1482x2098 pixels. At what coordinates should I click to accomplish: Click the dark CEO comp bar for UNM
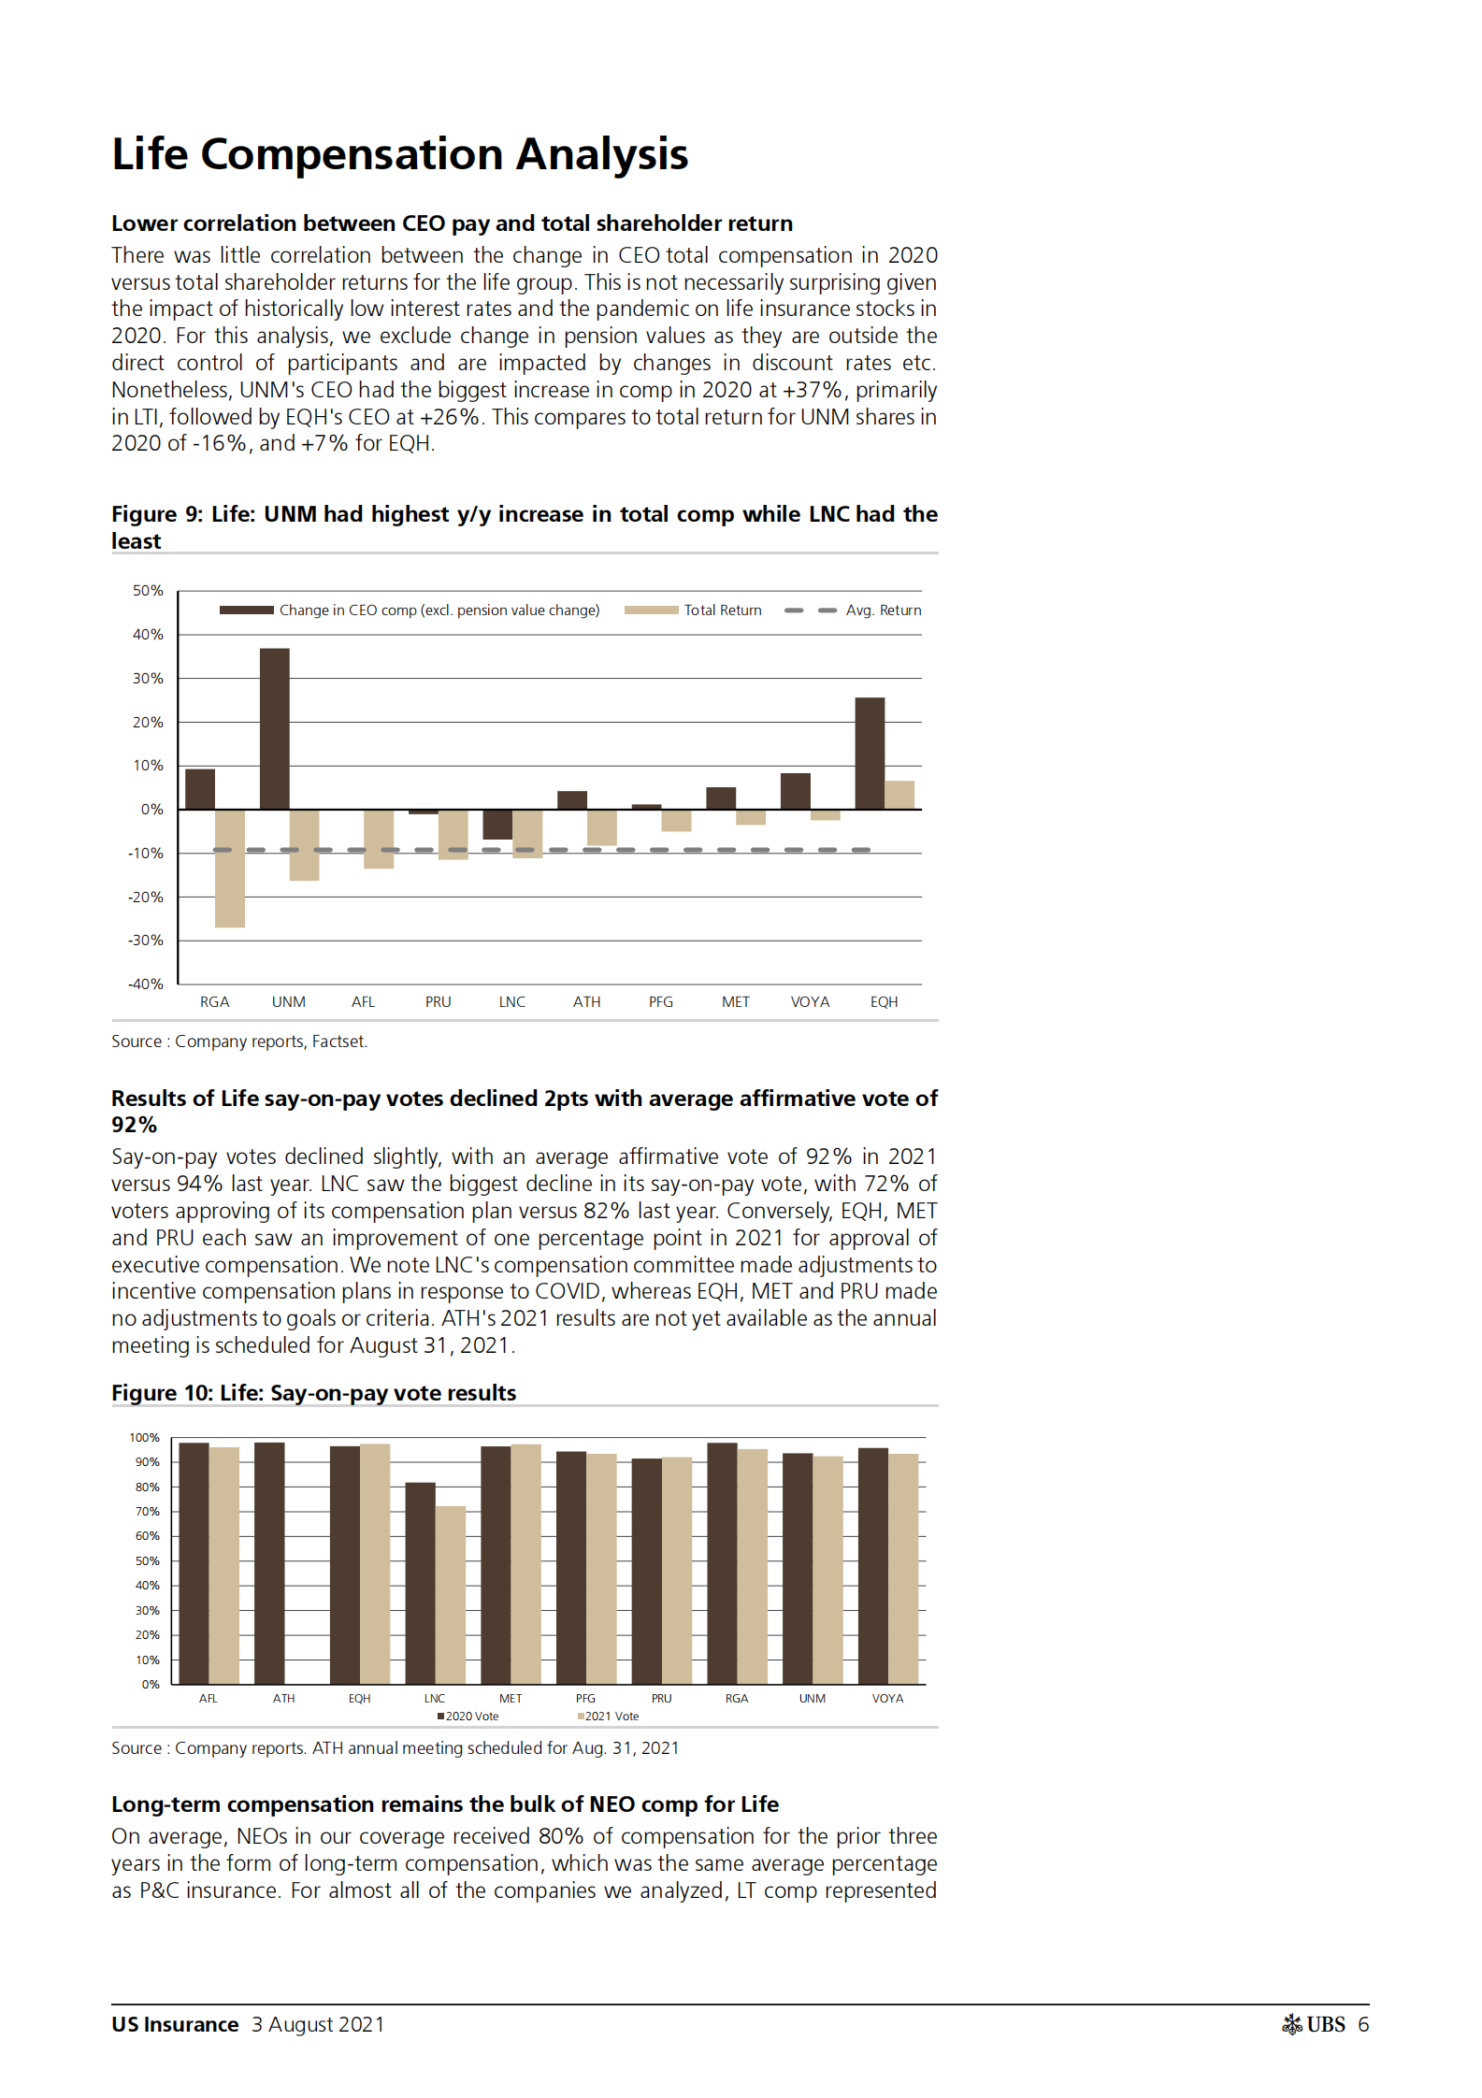(x=274, y=728)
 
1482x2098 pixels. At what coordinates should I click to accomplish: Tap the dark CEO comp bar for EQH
(x=870, y=753)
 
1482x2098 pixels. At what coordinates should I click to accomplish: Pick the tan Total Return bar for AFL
(x=379, y=839)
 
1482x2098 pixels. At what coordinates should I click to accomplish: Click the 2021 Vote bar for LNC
(x=451, y=1595)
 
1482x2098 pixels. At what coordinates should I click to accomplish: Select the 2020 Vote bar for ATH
(x=269, y=1563)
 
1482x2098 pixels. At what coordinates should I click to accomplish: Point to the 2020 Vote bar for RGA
(x=722, y=1563)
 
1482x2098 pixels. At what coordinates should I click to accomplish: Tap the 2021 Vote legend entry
(x=610, y=1717)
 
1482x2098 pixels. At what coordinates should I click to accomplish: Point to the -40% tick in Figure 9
(x=146, y=984)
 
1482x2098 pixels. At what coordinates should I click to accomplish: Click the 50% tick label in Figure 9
(x=148, y=591)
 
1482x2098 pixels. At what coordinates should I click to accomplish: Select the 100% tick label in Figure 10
(x=145, y=1438)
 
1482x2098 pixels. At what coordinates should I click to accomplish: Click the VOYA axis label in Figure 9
(x=810, y=1002)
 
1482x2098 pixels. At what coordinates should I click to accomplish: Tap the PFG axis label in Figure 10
(x=585, y=1699)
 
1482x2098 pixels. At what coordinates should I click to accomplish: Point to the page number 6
(x=1363, y=2025)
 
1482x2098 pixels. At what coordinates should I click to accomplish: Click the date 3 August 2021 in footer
(x=318, y=2025)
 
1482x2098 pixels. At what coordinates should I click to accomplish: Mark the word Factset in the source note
(x=338, y=1042)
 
